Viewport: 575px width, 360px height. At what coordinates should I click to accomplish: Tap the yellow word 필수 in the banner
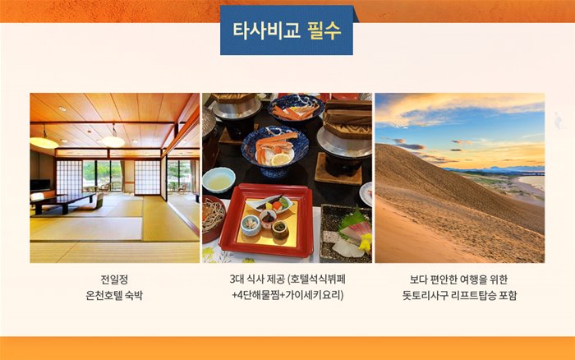pos(324,30)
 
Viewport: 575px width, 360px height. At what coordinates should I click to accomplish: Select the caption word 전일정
pos(114,279)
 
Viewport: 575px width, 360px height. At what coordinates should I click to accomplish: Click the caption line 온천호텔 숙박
pos(114,295)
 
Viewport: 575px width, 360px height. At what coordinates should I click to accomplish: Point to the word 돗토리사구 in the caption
pos(425,295)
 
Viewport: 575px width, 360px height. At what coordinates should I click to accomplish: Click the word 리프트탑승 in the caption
pos(475,295)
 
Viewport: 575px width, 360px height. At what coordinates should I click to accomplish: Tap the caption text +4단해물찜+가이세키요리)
pos(287,295)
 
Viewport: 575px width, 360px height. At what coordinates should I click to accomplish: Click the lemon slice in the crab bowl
pos(281,159)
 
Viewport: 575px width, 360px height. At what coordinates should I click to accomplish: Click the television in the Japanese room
pos(40,185)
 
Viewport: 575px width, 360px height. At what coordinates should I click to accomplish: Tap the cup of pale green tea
pos(218,180)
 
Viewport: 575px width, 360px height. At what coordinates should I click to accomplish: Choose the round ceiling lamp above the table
pos(113,141)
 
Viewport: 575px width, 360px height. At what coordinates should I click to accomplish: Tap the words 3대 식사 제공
pos(257,279)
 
